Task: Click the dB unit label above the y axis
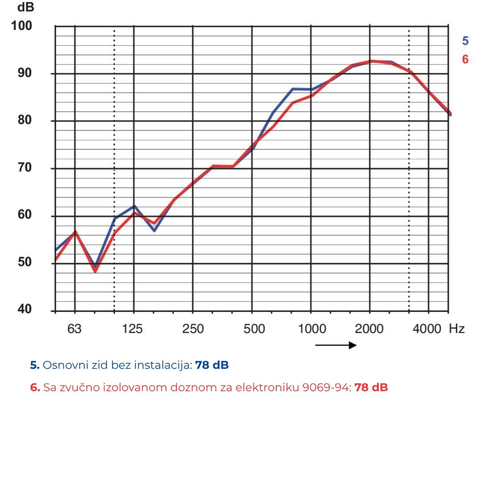[26, 7]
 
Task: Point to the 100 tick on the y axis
[22, 26]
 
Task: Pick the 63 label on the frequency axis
[74, 329]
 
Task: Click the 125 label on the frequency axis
[133, 329]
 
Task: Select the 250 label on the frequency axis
[193, 329]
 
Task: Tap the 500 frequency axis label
[254, 329]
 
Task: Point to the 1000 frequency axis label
[312, 329]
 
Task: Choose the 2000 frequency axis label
[369, 329]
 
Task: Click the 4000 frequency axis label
[427, 329]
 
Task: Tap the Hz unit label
[457, 329]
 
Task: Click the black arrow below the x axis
[336, 345]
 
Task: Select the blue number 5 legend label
[465, 41]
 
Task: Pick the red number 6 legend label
[465, 59]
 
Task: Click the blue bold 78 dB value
[212, 365]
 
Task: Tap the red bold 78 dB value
[371, 388]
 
